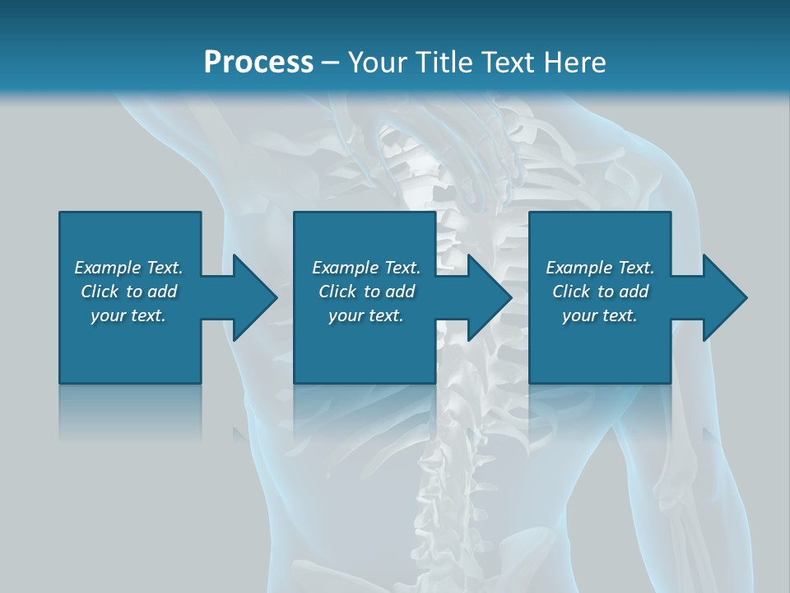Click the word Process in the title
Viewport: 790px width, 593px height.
pos(258,62)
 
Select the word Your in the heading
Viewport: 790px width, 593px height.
pos(378,62)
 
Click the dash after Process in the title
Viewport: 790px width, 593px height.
pos(331,63)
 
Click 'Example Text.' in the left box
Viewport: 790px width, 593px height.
pos(128,268)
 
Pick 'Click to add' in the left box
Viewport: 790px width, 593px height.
pos(128,292)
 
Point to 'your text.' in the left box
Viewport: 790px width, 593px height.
pos(128,315)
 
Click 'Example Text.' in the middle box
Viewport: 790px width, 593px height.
pos(366,268)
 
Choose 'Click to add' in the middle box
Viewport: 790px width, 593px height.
pos(366,292)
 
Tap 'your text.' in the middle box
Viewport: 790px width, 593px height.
pos(366,315)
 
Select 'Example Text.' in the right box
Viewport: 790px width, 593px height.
pos(600,268)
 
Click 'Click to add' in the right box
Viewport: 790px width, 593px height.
pos(600,292)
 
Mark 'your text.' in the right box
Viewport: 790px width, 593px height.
pos(600,315)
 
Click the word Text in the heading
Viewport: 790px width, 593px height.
pos(509,62)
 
